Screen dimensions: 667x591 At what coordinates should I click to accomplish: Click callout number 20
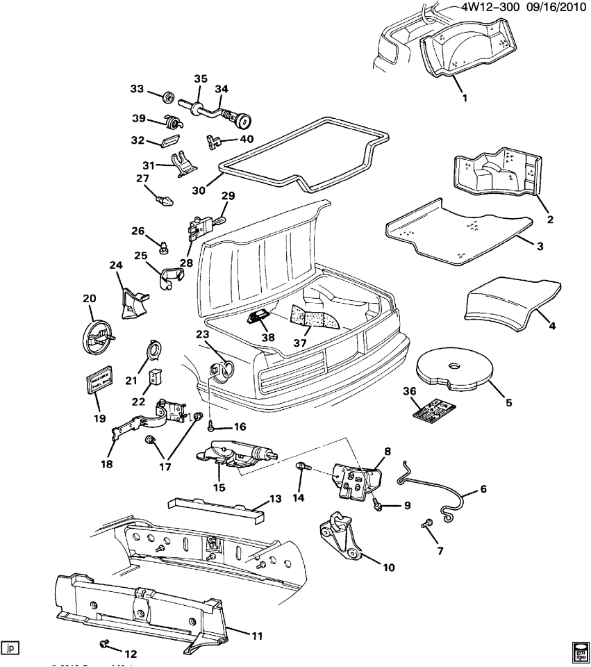89,299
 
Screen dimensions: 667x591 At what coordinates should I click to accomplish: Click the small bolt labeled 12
106,643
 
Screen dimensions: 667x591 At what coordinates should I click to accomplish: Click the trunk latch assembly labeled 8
358,477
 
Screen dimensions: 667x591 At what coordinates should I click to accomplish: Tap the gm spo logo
580,652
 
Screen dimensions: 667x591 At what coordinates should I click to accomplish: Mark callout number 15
219,488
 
